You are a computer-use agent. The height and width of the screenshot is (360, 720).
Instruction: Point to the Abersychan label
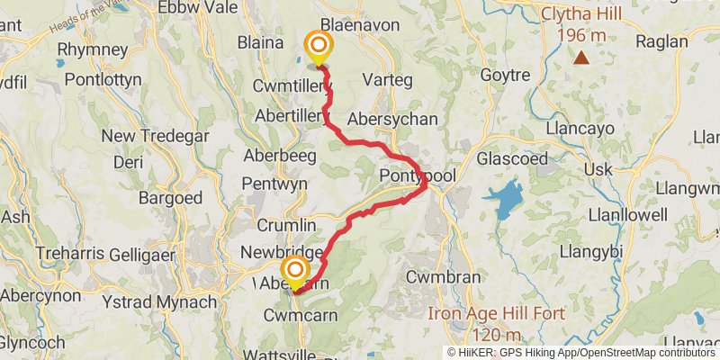tap(391, 120)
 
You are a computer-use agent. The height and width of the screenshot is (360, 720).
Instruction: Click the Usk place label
tap(598, 170)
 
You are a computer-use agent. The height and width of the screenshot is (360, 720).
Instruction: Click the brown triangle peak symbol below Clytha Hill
tap(581, 58)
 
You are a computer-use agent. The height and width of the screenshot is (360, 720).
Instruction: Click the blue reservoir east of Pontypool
tap(506, 198)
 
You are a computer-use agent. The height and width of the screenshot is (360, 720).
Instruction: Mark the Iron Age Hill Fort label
tap(495, 314)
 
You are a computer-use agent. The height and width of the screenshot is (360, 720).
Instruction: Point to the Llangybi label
tap(591, 251)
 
